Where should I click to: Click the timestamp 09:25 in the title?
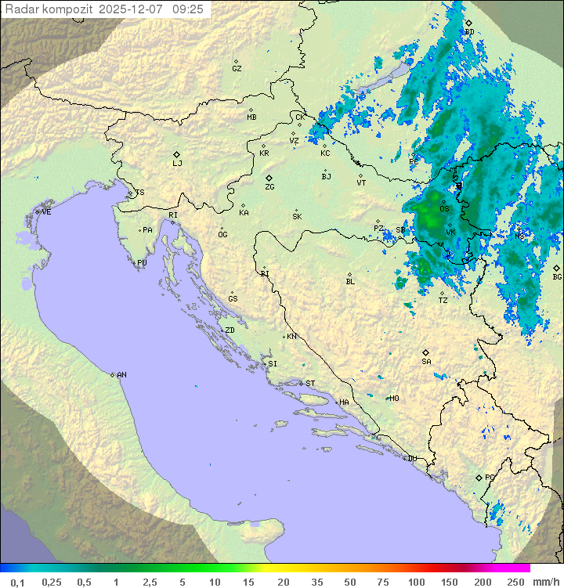188,9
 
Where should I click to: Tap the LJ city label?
177,164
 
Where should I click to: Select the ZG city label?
269,187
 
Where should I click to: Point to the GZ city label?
237,69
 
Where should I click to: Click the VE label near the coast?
46,212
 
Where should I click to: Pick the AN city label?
121,375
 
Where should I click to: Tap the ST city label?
310,384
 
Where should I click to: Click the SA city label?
426,361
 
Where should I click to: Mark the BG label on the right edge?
557,276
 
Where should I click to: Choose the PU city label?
142,263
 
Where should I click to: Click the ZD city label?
230,330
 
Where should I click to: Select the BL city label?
350,282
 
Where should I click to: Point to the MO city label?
394,399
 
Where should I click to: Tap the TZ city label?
443,300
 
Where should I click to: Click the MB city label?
251,117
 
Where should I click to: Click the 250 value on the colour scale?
515,582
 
